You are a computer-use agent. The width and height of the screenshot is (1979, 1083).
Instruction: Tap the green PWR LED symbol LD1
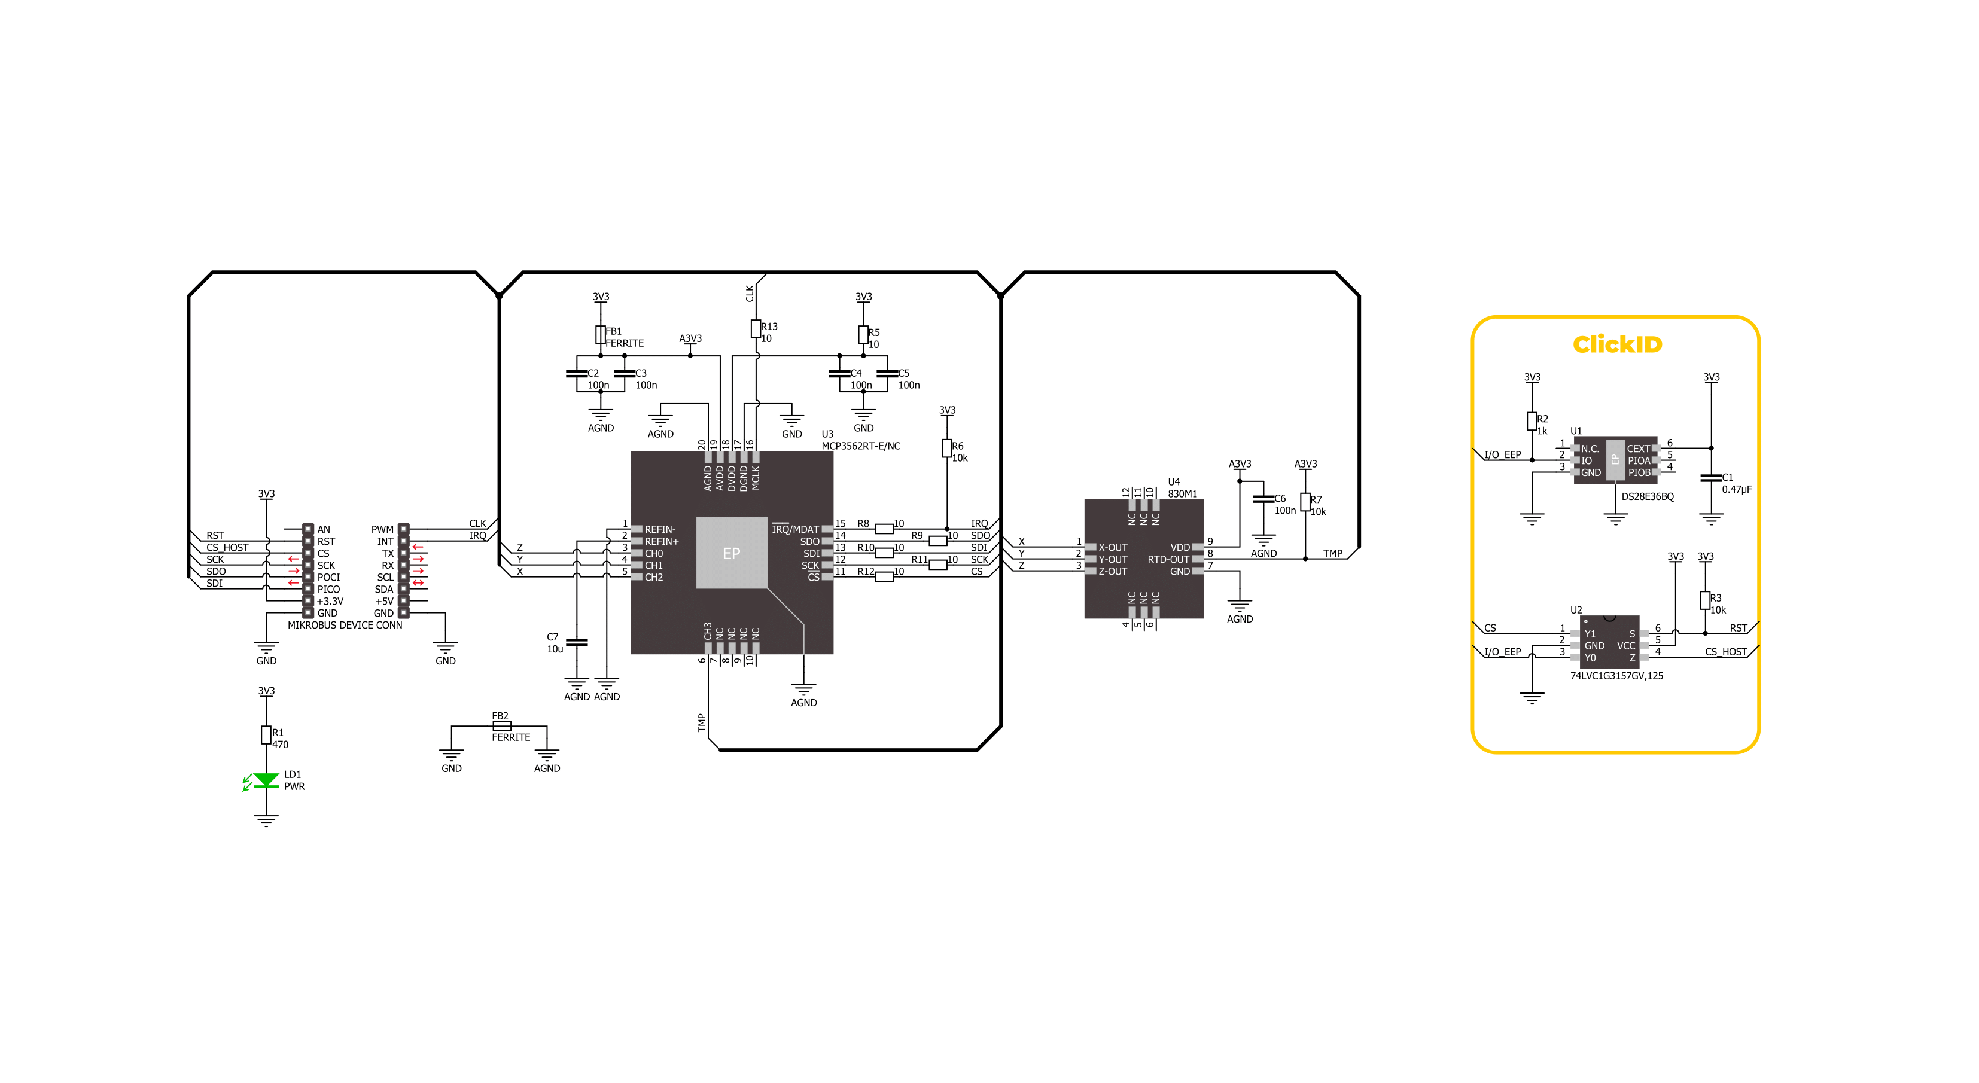(266, 780)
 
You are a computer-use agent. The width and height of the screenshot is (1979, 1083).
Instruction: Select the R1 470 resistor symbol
(266, 735)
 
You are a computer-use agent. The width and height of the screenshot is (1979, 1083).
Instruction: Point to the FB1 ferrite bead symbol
(601, 335)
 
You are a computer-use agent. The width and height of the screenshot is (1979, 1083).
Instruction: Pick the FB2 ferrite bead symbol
(501, 725)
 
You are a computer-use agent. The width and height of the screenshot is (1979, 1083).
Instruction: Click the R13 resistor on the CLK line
(756, 330)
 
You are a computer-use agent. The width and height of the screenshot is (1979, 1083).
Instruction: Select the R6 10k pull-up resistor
(947, 449)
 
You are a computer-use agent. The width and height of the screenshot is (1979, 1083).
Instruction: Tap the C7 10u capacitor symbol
(576, 642)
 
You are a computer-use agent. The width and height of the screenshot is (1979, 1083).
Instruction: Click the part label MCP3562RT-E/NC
(860, 446)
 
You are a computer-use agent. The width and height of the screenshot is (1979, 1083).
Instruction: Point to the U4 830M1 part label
(1182, 489)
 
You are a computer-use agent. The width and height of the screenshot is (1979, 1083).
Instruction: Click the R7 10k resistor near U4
(1305, 502)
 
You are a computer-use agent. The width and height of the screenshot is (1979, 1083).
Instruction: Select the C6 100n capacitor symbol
(1263, 499)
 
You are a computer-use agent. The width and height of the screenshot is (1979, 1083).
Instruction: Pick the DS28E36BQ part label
(1647, 497)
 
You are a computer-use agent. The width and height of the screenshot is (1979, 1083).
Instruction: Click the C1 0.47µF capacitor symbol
(1711, 478)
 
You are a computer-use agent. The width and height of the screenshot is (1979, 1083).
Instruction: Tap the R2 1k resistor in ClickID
(1532, 421)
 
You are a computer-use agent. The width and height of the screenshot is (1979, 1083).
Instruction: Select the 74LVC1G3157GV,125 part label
(1616, 676)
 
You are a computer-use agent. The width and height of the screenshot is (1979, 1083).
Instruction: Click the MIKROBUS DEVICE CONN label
(345, 625)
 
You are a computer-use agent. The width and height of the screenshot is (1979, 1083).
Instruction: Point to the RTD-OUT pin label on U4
(1168, 560)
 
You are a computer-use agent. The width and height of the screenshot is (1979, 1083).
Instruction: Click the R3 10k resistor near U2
(1705, 600)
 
